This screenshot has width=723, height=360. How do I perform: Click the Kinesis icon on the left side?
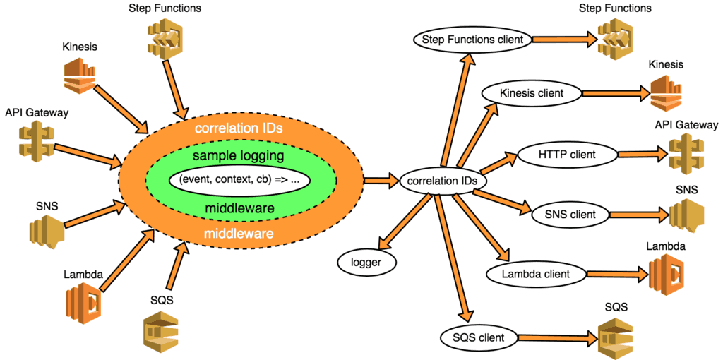pyautogui.click(x=80, y=76)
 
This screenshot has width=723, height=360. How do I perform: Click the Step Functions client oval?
pyautogui.click(x=473, y=40)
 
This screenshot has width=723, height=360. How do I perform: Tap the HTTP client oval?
pyautogui.click(x=567, y=153)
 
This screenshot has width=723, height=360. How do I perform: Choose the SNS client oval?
pyautogui.click(x=570, y=213)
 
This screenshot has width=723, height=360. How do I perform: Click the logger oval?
pyautogui.click(x=366, y=262)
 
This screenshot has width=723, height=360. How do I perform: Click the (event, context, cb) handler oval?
pyautogui.click(x=240, y=179)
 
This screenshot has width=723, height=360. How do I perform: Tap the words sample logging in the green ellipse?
pyautogui.click(x=240, y=155)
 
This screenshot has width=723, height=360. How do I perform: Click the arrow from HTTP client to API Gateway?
pyautogui.click(x=640, y=153)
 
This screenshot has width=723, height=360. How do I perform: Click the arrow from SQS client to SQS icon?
pyautogui.click(x=558, y=339)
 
